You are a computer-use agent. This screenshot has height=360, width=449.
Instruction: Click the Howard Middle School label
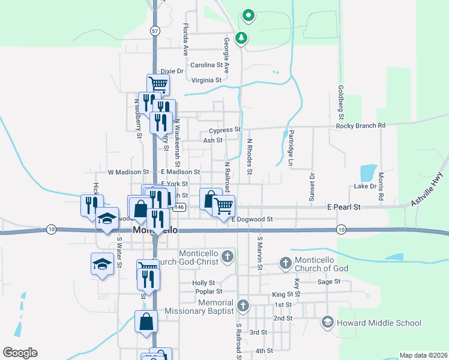point(379,323)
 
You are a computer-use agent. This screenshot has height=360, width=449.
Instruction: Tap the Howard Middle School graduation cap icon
point(327,323)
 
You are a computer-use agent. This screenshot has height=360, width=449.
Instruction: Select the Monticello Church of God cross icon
point(285,263)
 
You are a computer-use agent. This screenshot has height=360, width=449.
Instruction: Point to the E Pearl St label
point(343,206)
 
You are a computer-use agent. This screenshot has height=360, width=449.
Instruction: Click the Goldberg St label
point(340,97)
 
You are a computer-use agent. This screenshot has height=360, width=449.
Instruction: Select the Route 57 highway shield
point(155,31)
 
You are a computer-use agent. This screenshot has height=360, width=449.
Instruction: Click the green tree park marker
point(241,38)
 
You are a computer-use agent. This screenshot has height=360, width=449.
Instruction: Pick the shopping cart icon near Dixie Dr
point(158,83)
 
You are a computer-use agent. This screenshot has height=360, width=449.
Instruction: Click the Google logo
point(20,353)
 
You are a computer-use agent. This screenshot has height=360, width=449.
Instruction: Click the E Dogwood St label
point(252,220)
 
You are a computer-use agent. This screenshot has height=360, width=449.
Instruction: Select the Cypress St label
point(224,130)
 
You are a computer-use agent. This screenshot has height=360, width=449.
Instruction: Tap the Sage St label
point(329,281)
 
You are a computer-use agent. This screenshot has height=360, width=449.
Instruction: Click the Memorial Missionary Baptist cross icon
point(243,306)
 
